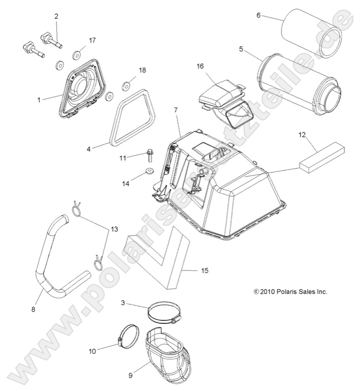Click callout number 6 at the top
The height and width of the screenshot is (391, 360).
coord(258,15)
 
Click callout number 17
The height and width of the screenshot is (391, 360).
coord(92,40)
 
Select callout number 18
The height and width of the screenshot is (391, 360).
coord(142,70)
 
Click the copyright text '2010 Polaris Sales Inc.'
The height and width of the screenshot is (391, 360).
coord(290,292)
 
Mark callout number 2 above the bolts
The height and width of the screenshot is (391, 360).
coord(56,16)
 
